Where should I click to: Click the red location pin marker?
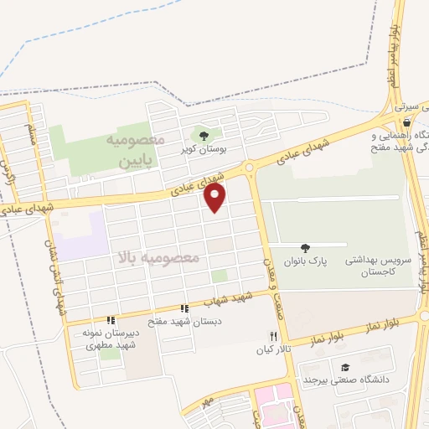tap(215, 198)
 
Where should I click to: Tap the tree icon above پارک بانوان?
tap(305, 247)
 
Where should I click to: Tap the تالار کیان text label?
tap(272, 349)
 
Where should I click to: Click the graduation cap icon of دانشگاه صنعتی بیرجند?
tap(345, 366)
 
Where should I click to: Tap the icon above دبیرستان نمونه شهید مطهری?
tap(111, 319)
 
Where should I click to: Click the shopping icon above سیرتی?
tap(406, 98)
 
